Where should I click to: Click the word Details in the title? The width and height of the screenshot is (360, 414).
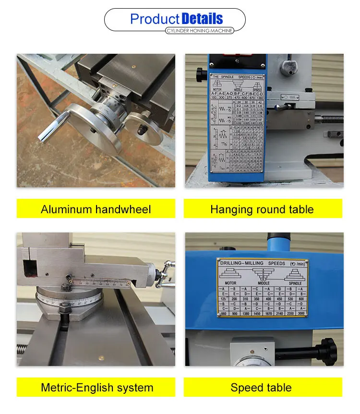[x=202, y=19]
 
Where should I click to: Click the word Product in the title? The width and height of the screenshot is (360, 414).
[x=155, y=19]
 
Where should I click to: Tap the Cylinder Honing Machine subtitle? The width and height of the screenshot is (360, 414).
[x=199, y=31]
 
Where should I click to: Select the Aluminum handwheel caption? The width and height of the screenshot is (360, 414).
[x=96, y=209]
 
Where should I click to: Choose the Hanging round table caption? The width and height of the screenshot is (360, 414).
[x=262, y=209]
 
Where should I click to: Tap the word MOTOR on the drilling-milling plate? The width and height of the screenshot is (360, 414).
[x=231, y=283]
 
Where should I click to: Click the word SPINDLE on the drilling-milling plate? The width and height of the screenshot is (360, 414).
[x=295, y=283]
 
